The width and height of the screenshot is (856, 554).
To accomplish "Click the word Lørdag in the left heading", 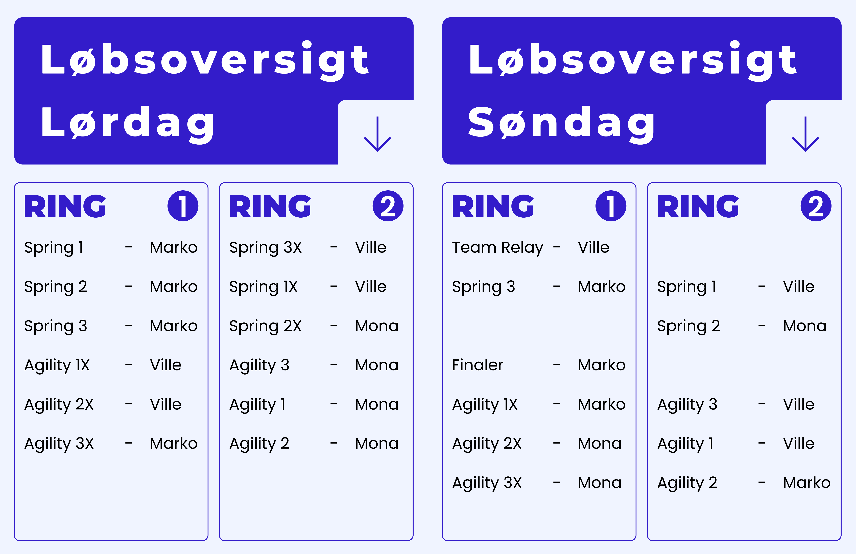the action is (128, 124).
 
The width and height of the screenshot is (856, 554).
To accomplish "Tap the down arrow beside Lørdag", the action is (377, 134).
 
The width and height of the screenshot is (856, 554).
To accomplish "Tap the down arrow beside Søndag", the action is (805, 134).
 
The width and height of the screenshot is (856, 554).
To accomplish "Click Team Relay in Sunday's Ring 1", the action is (497, 248).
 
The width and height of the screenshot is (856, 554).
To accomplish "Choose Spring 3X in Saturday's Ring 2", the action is (265, 248).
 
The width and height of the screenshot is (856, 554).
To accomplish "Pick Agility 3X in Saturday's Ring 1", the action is (59, 444).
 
